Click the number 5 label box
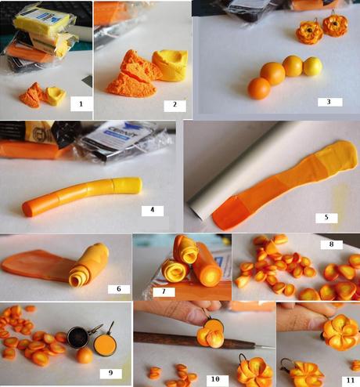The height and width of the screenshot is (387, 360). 331,217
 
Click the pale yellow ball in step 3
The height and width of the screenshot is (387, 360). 311,66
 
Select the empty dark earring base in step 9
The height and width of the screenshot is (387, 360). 78,338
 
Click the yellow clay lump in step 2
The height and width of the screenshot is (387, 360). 170,64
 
